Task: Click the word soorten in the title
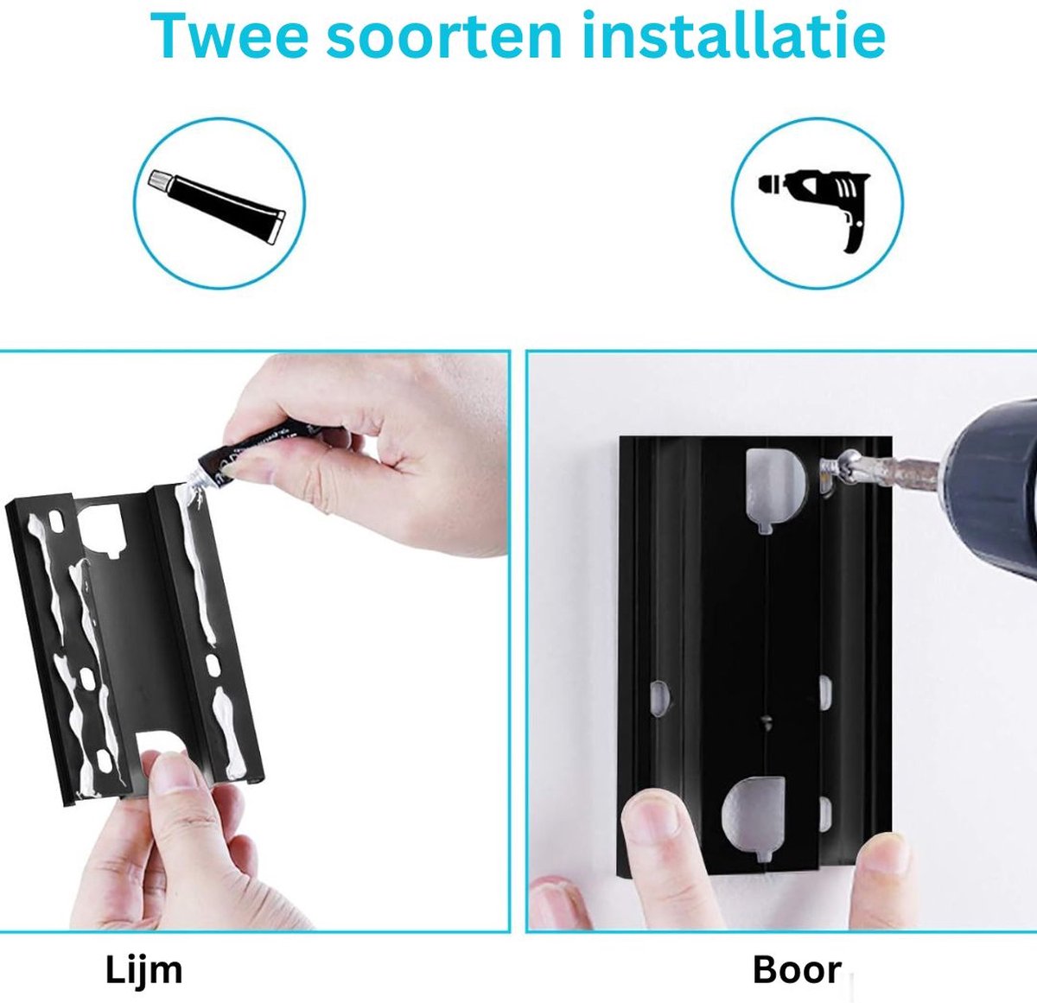pyautogui.click(x=444, y=37)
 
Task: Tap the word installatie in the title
pyautogui.click(x=734, y=34)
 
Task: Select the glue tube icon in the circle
pyautogui.click(x=216, y=207)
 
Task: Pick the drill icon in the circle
pyautogui.click(x=814, y=206)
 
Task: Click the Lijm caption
pyautogui.click(x=143, y=969)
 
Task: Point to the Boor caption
pyautogui.click(x=797, y=970)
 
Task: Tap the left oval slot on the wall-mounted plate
pyautogui.click(x=660, y=699)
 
